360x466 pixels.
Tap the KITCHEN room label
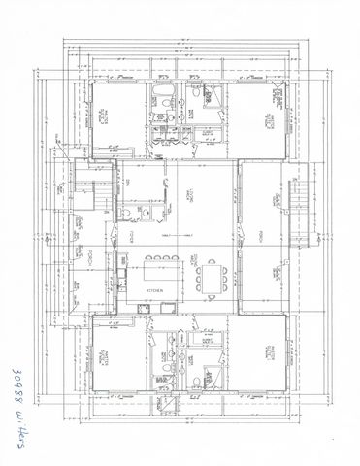[154, 290]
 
